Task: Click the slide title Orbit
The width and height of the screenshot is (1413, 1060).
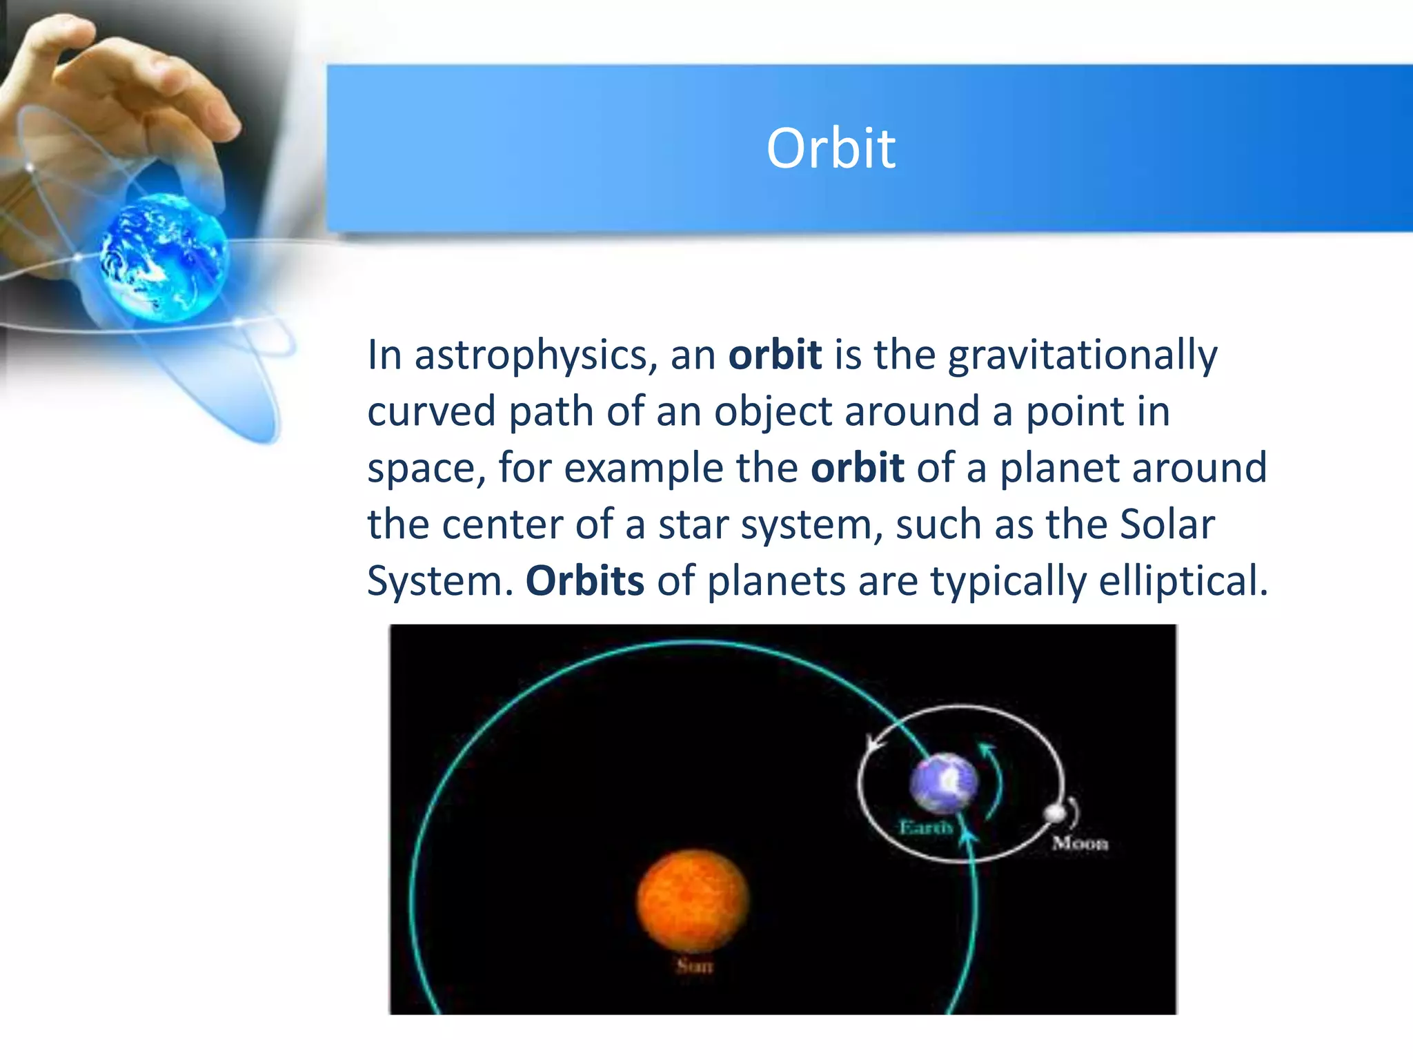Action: pos(831,148)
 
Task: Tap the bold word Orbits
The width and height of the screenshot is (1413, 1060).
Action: pos(584,581)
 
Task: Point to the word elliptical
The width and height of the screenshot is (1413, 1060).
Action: pos(1183,581)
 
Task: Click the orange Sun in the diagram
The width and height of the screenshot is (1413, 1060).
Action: pos(692,901)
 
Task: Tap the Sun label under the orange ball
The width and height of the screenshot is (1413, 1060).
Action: pos(694,966)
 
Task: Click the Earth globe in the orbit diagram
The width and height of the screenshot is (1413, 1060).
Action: pos(943,783)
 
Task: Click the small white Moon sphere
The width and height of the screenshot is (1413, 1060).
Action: pos(1054,814)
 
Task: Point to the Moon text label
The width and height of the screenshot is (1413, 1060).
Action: pos(1080,843)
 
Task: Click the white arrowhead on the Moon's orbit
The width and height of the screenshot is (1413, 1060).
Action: pos(874,745)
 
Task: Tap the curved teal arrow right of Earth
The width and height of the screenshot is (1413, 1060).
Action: pos(994,780)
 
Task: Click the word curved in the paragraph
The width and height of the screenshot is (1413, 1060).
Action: pos(431,412)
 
